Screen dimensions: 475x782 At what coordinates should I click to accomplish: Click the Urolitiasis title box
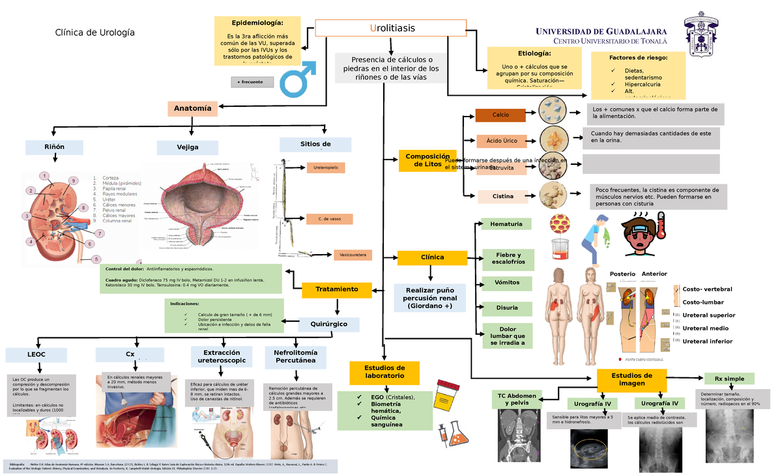tap(391, 29)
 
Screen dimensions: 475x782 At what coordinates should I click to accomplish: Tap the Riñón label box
tap(55, 147)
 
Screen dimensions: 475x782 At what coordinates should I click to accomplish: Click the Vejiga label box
tap(187, 147)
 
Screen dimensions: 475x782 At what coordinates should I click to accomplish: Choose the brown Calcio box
tap(500, 115)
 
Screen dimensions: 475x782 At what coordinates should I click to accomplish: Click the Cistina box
tap(502, 196)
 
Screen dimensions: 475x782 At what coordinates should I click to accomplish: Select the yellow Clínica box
tap(432, 257)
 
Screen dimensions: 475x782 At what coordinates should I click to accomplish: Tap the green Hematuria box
tap(506, 224)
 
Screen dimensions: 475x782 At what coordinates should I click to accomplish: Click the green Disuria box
tap(506, 308)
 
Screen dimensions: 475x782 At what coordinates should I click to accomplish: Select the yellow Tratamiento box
tap(337, 289)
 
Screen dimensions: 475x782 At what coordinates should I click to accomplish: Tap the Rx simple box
tap(729, 379)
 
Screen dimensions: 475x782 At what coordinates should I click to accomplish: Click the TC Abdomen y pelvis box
tap(517, 399)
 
